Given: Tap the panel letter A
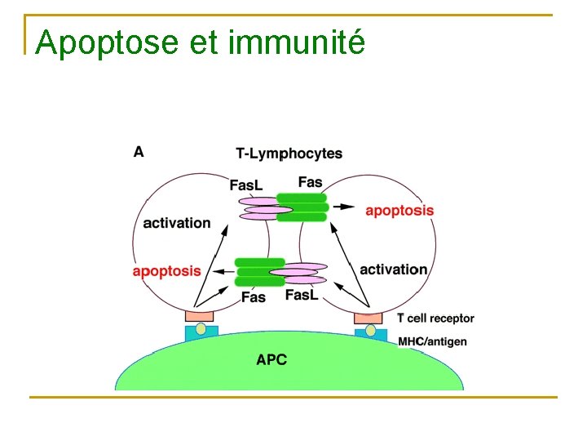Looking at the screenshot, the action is (139, 151).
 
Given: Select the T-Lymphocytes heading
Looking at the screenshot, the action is (289, 154).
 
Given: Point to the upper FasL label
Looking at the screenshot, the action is (245, 185).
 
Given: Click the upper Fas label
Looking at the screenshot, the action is (310, 181).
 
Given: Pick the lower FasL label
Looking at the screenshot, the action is (302, 295).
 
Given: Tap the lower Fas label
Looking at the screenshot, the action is (254, 296).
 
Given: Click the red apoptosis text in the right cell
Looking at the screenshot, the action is (399, 211).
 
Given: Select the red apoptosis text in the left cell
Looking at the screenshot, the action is (166, 271).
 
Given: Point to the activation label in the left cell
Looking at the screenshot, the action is (176, 223).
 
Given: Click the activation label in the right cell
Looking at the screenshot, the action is (393, 269).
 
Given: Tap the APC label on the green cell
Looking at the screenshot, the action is (271, 359).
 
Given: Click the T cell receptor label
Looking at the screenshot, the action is (435, 318).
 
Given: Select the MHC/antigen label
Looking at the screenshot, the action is (432, 341).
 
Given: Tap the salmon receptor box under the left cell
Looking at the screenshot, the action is (200, 315).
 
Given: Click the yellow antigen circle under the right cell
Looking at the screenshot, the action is (371, 331).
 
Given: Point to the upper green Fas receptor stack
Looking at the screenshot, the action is (302, 207).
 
